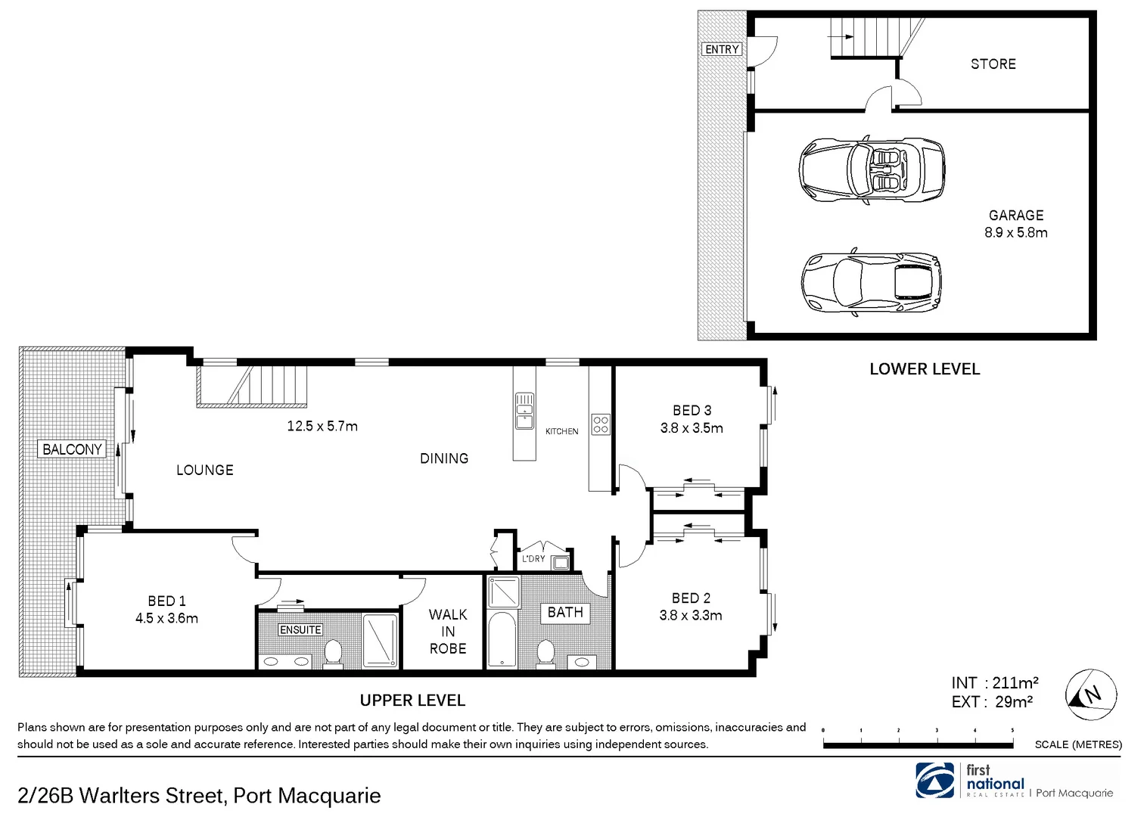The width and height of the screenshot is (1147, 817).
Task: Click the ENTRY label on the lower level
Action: coord(721,49)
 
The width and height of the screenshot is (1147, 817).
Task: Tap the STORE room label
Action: coord(993,64)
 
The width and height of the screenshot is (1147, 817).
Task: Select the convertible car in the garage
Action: coord(872,169)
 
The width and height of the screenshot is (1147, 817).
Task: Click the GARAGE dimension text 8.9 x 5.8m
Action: coord(1015,233)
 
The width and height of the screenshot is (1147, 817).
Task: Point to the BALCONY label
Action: coord(72,449)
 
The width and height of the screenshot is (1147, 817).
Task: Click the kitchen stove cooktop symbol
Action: coord(600,424)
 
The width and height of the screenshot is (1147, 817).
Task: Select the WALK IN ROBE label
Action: coord(447,632)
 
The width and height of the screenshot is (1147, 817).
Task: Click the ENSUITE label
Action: coord(300,629)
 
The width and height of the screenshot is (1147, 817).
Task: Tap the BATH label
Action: coord(565,613)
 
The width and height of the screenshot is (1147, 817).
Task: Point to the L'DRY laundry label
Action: coord(533,559)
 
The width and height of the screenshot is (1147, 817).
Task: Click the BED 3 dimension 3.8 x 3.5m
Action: coord(691,428)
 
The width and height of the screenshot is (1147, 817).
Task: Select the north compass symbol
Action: coord(1090,694)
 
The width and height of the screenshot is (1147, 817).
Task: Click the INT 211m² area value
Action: coord(1015,683)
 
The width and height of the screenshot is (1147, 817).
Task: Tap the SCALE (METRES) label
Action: coord(1077,744)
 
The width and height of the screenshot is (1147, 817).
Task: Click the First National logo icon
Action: coord(937,780)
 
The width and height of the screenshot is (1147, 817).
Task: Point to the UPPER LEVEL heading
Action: coord(412,701)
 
